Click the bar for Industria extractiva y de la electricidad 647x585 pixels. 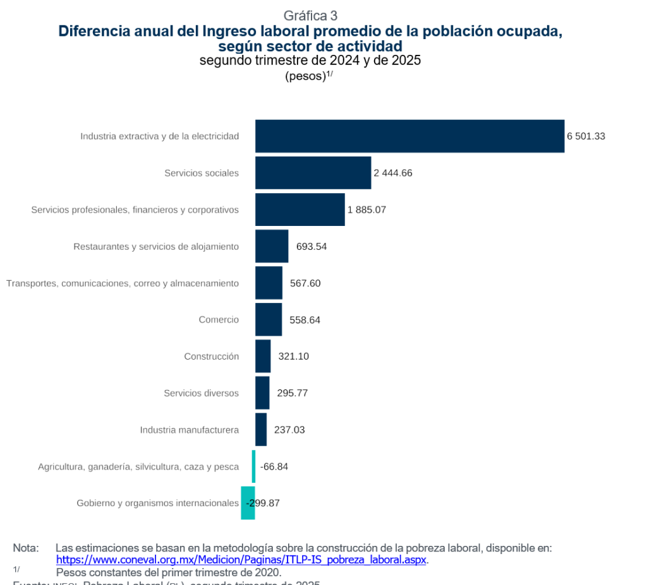coord(409,136)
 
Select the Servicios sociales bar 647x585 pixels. coord(313,173)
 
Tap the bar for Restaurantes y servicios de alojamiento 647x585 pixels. coord(272,246)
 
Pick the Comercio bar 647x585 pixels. coord(269,319)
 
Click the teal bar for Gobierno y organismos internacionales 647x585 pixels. coord(248,503)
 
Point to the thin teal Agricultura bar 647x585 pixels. coord(253,466)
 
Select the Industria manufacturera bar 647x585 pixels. coord(261,430)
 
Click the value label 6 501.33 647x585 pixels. coord(586,136)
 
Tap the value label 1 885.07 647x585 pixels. coord(366,210)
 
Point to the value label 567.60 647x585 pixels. coord(305,283)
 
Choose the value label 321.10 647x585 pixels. coord(293,356)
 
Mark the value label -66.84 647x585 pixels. coord(274,466)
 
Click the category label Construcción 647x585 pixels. coord(212,357)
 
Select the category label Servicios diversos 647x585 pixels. coord(201,393)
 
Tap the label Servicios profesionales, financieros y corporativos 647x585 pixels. coord(135,210)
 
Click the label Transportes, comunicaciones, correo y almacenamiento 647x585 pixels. coord(123,283)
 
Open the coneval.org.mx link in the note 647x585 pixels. coord(242,560)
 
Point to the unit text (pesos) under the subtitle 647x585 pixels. coord(305,76)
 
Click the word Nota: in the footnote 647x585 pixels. coord(26,548)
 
